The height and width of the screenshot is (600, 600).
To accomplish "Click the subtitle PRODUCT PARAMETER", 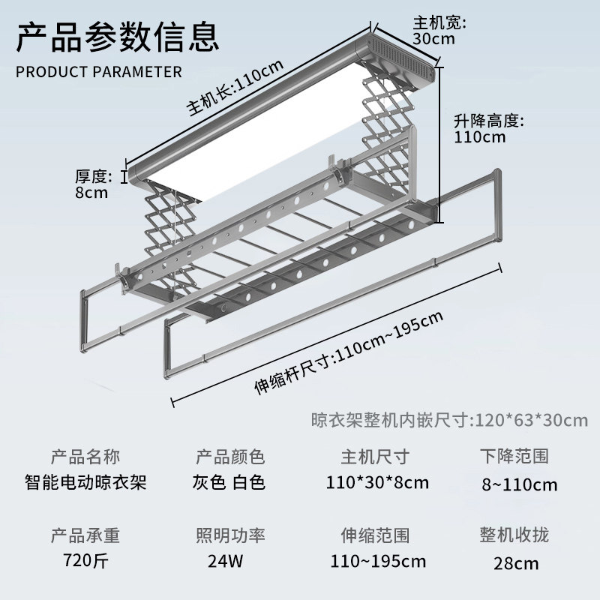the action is [x=99, y=72].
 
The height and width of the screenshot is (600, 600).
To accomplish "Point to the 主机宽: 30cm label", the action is [x=439, y=30].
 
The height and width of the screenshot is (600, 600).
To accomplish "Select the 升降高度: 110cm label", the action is [x=487, y=128].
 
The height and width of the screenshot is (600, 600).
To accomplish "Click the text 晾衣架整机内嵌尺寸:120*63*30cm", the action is [x=449, y=419].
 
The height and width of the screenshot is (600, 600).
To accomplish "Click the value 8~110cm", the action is [x=520, y=484].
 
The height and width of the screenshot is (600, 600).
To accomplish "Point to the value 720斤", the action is [x=85, y=560].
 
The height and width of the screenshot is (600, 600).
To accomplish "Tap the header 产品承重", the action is [x=85, y=535].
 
